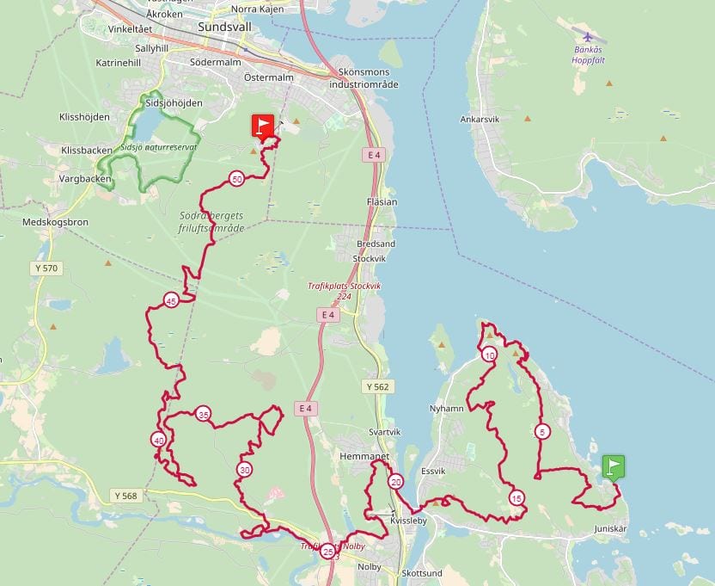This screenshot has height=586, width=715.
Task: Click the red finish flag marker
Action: [x=263, y=126]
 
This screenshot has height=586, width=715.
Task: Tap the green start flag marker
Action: [x=613, y=466]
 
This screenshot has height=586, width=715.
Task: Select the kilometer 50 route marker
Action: [x=236, y=179]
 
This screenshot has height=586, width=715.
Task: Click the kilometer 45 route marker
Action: [x=171, y=300]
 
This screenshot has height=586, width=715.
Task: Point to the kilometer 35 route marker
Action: [x=203, y=414]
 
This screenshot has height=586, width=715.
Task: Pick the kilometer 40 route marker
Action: [x=158, y=440]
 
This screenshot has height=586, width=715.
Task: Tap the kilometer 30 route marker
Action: [x=245, y=470]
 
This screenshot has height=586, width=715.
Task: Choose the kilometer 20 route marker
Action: [x=395, y=481]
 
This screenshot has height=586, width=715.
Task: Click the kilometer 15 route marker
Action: [x=516, y=497]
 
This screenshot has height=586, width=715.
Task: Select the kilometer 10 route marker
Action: [x=489, y=355]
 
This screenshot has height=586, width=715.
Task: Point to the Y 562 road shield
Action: [x=376, y=387]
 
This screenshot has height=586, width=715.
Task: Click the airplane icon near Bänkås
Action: [x=588, y=37]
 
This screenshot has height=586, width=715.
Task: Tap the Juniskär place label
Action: [x=611, y=529]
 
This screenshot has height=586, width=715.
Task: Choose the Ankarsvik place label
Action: [x=480, y=120]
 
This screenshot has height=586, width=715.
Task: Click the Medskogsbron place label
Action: [x=56, y=221]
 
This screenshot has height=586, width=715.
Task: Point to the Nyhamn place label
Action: [x=446, y=409]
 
